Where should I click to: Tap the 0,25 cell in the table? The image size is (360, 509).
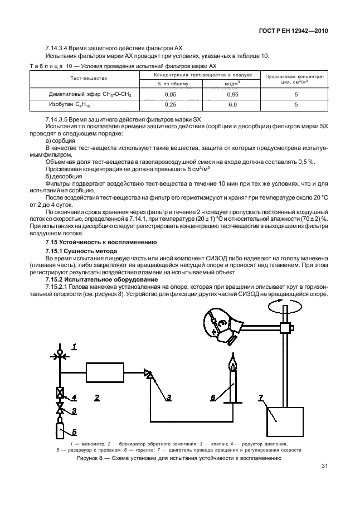coord(171,104)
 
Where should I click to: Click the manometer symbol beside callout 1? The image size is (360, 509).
coord(60,353)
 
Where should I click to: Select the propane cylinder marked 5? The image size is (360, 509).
coord(60,431)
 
